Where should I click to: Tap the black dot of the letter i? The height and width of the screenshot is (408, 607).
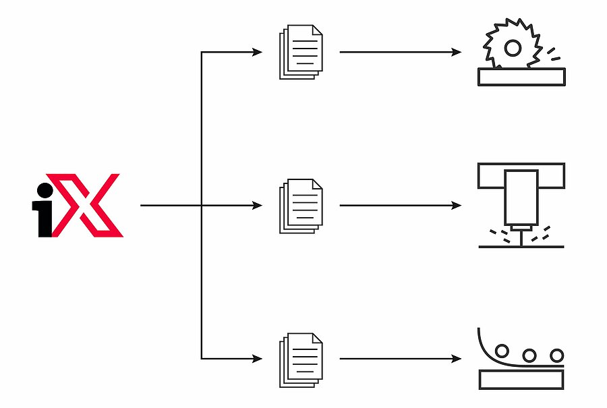tap(45, 190)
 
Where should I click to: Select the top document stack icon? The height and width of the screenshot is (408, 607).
tap(301, 52)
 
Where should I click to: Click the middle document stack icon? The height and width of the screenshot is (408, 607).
tap(301, 206)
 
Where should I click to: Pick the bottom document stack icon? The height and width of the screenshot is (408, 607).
tap(301, 360)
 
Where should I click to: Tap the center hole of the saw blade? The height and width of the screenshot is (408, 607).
tap(513, 48)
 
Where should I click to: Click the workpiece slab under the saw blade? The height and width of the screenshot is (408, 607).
tap(521, 77)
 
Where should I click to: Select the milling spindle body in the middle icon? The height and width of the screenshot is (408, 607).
tap(521, 198)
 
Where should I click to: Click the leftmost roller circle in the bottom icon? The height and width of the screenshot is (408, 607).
tap(502, 351)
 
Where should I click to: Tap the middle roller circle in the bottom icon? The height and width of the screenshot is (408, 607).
tap(529, 355)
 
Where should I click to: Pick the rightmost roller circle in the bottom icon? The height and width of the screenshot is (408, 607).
tap(556, 355)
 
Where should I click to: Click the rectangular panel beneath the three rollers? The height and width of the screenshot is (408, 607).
tap(521, 380)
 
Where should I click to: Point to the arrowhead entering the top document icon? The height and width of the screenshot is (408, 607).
tap(258, 52)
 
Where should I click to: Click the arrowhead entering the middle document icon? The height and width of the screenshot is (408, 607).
tap(258, 205)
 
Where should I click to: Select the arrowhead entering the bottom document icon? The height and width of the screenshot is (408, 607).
tap(258, 359)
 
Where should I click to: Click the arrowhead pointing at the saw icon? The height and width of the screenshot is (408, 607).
tap(457, 52)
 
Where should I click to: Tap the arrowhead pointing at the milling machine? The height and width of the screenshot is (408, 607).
tap(457, 205)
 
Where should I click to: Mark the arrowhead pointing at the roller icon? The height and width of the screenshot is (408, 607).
tap(457, 359)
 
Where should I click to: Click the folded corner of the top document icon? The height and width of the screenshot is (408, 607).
tap(317, 30)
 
